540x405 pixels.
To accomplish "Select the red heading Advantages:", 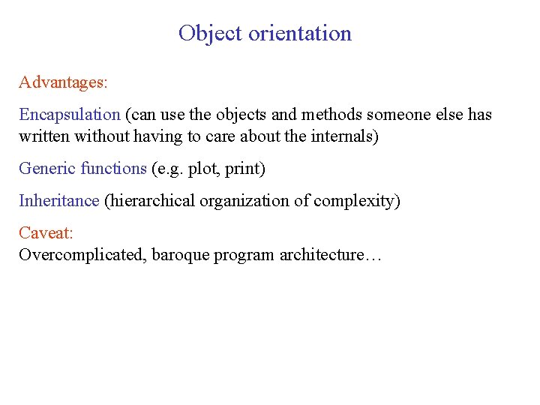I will coord(64,82).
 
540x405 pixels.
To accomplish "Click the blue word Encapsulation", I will coord(70,115).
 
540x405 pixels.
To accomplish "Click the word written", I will coord(42,136).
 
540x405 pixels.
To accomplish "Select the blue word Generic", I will coord(46,169).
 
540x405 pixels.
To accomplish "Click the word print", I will coord(242,169).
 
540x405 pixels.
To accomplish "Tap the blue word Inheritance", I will coord(59,201).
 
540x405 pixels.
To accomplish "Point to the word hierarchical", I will coord(148,201).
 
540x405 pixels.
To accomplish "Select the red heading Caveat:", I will coord(46,233).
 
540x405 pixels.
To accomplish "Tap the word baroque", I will coord(180,255).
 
